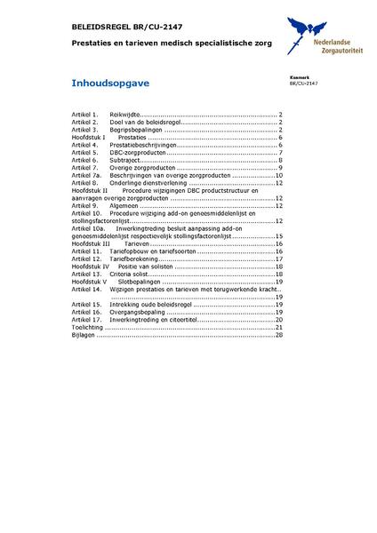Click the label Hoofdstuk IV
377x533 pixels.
[x=91, y=266]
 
